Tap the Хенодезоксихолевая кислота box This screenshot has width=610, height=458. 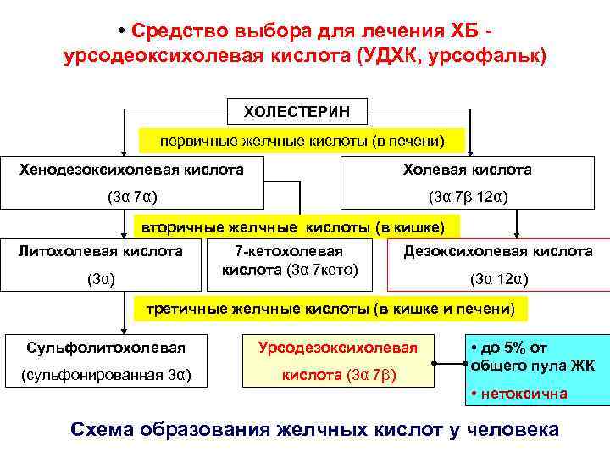coord(131,182)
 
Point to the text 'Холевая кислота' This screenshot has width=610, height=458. coord(468,170)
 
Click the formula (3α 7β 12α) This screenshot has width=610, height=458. coord(468,198)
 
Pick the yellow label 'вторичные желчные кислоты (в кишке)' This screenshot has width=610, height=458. coord(297,226)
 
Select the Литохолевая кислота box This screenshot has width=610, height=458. coord(102,263)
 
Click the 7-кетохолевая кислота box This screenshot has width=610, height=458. coord(289,261)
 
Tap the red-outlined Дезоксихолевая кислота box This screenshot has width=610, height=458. coord(497,264)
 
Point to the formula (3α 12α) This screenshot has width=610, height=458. coord(498,278)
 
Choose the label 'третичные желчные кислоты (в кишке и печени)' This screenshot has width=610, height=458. coord(330,309)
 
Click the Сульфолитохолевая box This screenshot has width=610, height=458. coord(106,360)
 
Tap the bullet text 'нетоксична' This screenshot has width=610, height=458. coord(525,394)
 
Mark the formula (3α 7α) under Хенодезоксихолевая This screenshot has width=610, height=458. coord(130,198)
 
